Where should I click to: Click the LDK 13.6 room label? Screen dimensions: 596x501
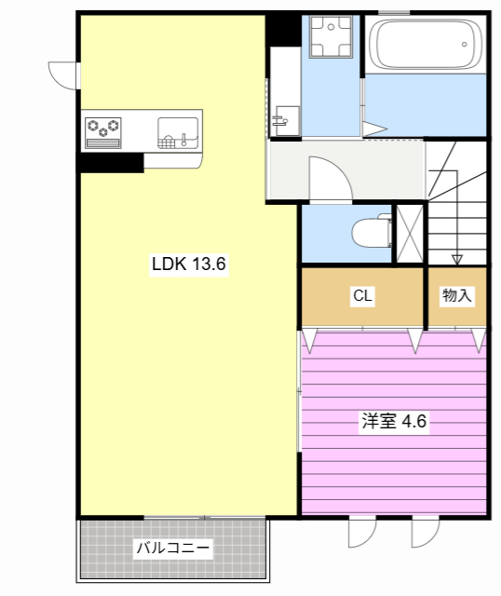click(x=189, y=264)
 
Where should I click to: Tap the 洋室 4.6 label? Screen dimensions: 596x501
click(x=393, y=421)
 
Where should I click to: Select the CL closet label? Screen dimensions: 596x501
click(x=362, y=296)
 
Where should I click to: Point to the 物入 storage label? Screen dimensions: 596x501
click(x=457, y=296)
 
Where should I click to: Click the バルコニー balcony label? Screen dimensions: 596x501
click(x=174, y=549)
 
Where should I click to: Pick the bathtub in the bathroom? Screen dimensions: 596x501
click(x=425, y=44)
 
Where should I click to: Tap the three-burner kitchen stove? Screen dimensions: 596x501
click(x=104, y=129)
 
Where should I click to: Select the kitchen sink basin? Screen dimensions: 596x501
click(x=178, y=131)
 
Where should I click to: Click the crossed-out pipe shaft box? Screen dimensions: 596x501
click(x=409, y=232)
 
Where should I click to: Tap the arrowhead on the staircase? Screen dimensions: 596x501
click(x=456, y=259)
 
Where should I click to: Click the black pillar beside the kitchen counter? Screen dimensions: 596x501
click(x=110, y=162)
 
